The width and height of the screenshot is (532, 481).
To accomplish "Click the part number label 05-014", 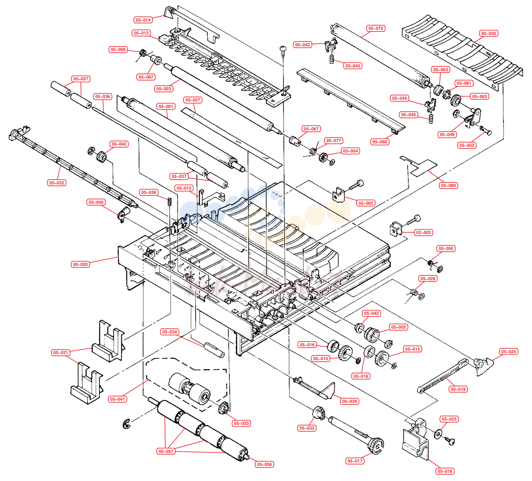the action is pos(143,20).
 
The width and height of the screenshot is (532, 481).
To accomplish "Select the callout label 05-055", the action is pos(488,33).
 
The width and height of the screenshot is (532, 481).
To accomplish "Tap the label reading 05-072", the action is pos(376,28).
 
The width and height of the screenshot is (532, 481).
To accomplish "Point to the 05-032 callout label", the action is pos(57,183).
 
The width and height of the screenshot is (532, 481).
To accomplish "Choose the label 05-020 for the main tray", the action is pos(80,265).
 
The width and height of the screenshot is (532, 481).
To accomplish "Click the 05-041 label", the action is pos(117,399).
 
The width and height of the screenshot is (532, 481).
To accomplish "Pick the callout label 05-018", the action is pos(445,471).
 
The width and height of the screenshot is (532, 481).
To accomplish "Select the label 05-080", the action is pos(448,186).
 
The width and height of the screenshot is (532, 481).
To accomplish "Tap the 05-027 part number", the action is pos(193,100).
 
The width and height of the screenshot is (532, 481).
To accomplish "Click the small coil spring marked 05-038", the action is pos(169,202).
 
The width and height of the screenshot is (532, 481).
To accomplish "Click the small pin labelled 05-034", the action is pos(214,350).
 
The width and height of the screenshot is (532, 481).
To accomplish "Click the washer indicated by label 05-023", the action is pos(438,434).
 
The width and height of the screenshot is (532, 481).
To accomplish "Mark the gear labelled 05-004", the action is pos(323,158).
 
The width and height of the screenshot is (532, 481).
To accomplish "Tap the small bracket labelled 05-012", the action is pos(211,197).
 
